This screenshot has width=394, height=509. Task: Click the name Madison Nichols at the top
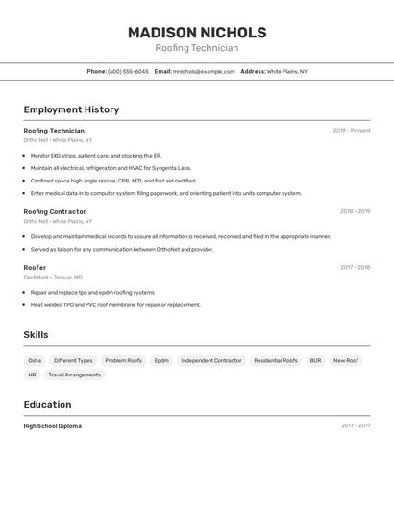point(197,33)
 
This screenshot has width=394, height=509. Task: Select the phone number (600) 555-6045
point(128,71)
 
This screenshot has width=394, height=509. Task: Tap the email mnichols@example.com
point(204,71)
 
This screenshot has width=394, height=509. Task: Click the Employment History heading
point(71,109)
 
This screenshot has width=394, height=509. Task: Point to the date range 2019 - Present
point(352,131)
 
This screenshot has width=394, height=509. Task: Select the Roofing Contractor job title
point(55,211)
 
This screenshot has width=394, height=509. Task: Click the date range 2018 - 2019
point(355,211)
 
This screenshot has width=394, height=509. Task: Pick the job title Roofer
point(35,267)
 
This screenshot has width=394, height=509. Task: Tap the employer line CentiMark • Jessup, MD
point(53,277)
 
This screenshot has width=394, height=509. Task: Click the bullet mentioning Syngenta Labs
point(111,168)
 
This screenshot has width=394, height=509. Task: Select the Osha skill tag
point(35,361)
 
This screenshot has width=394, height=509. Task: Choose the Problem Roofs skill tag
point(123,361)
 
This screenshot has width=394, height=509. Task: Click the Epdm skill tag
point(161,361)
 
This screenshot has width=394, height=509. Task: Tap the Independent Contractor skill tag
point(211,361)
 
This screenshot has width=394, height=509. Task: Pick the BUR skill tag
point(315,361)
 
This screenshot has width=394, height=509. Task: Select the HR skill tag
point(32,375)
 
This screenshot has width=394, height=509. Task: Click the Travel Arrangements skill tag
point(74,375)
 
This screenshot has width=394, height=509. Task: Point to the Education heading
point(47,404)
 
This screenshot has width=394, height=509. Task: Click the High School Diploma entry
point(52,425)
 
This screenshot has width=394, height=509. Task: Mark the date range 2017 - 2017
point(356,425)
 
